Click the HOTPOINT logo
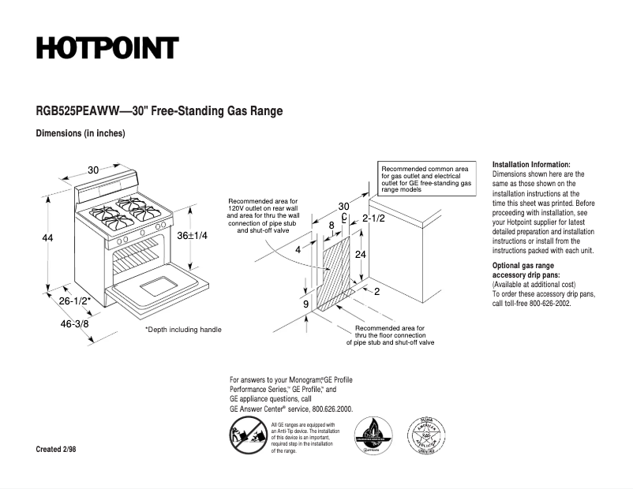[x=107, y=48]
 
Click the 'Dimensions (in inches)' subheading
[x=81, y=133]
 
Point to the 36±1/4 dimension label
[x=192, y=236]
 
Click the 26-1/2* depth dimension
[x=75, y=300]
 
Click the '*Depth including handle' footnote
[x=183, y=330]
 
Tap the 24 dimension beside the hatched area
[x=360, y=255]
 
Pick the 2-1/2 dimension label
[x=373, y=218]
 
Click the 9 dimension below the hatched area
[x=305, y=304]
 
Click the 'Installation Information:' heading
[x=531, y=164]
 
